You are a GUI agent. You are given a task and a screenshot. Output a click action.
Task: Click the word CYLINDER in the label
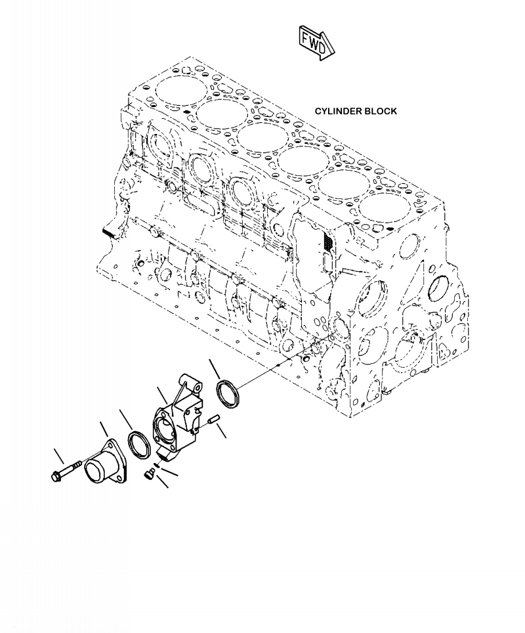(x=338, y=111)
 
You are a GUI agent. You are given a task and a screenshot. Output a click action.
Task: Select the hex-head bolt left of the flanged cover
(x=66, y=470)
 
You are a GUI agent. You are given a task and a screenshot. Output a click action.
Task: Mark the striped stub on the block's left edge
(x=110, y=232)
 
